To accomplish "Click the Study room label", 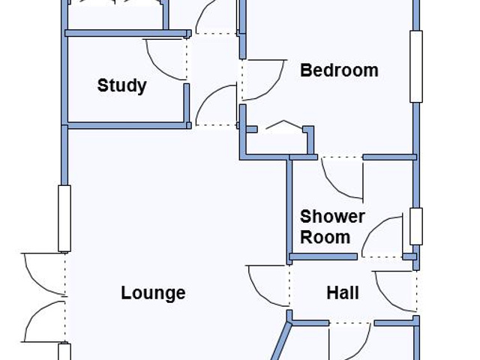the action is point(121,85).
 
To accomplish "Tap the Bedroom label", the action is point(339,70).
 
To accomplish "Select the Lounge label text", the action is point(153,293).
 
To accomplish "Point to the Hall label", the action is point(343,293).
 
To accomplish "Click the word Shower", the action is point(332,217).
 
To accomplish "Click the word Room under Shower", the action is point(325,237).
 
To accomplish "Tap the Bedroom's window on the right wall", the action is point(416,67).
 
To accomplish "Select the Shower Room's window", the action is point(416,226).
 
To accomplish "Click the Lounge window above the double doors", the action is point(64,218).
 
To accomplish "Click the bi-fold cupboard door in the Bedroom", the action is point(283,124).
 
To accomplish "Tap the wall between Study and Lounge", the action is point(127,125).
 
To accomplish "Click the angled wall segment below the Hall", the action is point(280,340).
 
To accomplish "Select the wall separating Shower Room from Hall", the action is point(323,256).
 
